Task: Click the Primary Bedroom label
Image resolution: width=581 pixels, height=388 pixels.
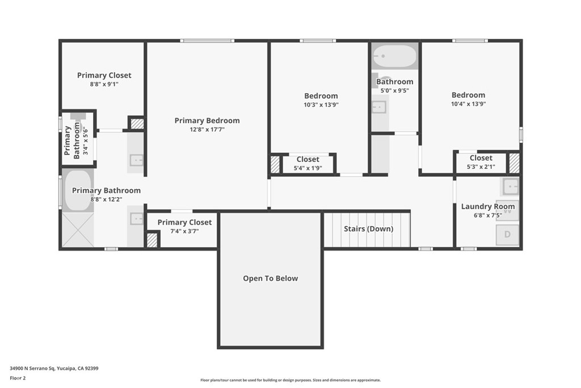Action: [207, 120]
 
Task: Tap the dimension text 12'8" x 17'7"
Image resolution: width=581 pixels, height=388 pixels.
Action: [207, 130]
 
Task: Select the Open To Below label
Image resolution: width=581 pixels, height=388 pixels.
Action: [271, 278]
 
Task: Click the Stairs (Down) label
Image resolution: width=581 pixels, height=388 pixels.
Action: [368, 229]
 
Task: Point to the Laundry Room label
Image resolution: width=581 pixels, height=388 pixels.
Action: [487, 207]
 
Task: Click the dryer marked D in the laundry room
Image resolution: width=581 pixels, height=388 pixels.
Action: [507, 235]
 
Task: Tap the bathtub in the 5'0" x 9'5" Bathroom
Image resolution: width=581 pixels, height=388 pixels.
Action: [395, 56]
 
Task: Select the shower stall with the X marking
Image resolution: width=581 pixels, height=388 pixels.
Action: [77, 230]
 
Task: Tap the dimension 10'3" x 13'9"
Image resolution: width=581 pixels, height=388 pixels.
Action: [321, 105]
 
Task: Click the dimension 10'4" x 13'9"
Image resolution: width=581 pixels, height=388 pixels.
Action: [468, 104]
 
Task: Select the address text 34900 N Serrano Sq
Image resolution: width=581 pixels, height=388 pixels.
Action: [32, 368]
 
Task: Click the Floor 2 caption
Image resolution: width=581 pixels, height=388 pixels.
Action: [18, 378]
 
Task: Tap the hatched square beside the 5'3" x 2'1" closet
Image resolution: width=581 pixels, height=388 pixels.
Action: [514, 163]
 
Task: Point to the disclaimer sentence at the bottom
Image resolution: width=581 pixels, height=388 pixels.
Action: [290, 380]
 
